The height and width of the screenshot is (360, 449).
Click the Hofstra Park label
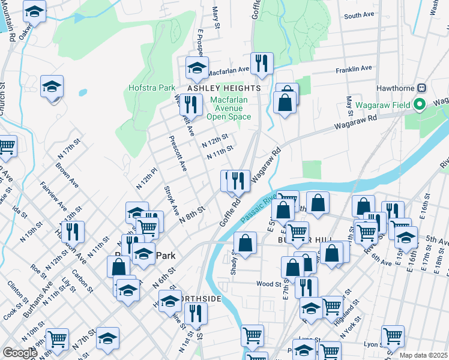pos(152,88)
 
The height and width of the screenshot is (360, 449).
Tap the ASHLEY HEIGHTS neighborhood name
pos(224,88)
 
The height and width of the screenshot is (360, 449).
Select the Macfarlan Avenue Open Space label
pos(228,107)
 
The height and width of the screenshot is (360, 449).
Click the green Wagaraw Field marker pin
pos(420,105)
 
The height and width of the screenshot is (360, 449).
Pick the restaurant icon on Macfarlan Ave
pos(261,63)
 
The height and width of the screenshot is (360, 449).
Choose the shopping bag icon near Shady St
pos(245,244)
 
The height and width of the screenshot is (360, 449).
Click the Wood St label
pos(268,284)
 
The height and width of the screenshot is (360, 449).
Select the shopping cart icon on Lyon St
pos(393,337)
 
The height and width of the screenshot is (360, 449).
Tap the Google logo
pos(20,353)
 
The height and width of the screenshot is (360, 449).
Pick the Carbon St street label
pos(82,280)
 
